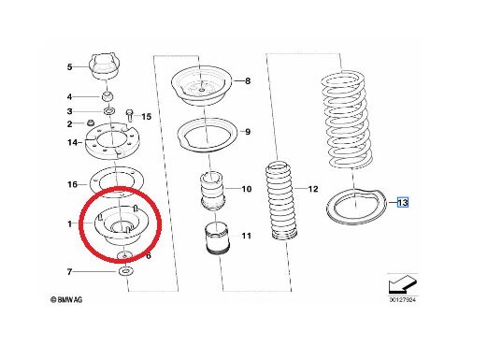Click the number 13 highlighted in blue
coord(403,202)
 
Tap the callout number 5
coord(70,67)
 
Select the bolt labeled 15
coord(130,115)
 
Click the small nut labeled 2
coord(91,122)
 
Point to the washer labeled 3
coord(109,111)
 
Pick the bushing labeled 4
coord(108,96)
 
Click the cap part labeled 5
coord(105,66)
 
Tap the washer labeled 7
coord(125,271)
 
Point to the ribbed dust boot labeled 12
coord(282,199)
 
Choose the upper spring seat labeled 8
coord(201,85)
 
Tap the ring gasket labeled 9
coord(208,136)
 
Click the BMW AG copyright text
coord(66,300)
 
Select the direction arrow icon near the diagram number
coord(402,283)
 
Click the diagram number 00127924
coord(403,300)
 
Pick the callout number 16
coord(72,184)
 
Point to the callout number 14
coord(72,142)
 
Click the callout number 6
coord(149,256)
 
